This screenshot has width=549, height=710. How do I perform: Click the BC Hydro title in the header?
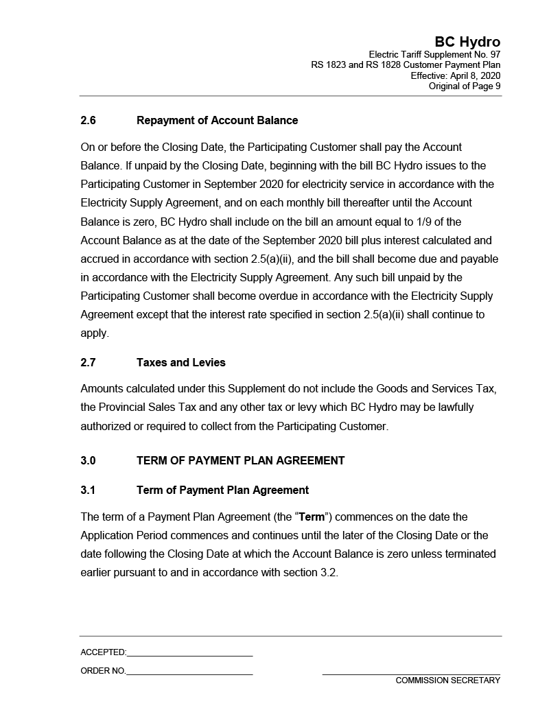(467, 42)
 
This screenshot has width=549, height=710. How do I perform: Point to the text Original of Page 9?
(465, 86)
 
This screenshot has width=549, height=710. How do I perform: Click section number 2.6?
(88, 121)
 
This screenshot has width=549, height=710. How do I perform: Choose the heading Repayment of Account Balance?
(217, 121)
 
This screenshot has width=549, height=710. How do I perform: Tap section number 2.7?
(88, 362)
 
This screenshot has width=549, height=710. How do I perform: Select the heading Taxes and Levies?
(180, 362)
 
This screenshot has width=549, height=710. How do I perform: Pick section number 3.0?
(88, 461)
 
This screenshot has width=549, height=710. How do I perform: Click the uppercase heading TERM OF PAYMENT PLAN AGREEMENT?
(240, 461)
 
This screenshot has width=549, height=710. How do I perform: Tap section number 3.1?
(88, 490)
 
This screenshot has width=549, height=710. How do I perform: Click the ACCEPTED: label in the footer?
(103, 652)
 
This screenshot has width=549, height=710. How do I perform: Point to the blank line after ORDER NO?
(189, 674)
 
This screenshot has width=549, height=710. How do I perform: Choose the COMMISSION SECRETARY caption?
(447, 681)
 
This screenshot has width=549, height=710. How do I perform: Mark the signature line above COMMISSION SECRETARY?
(411, 674)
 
